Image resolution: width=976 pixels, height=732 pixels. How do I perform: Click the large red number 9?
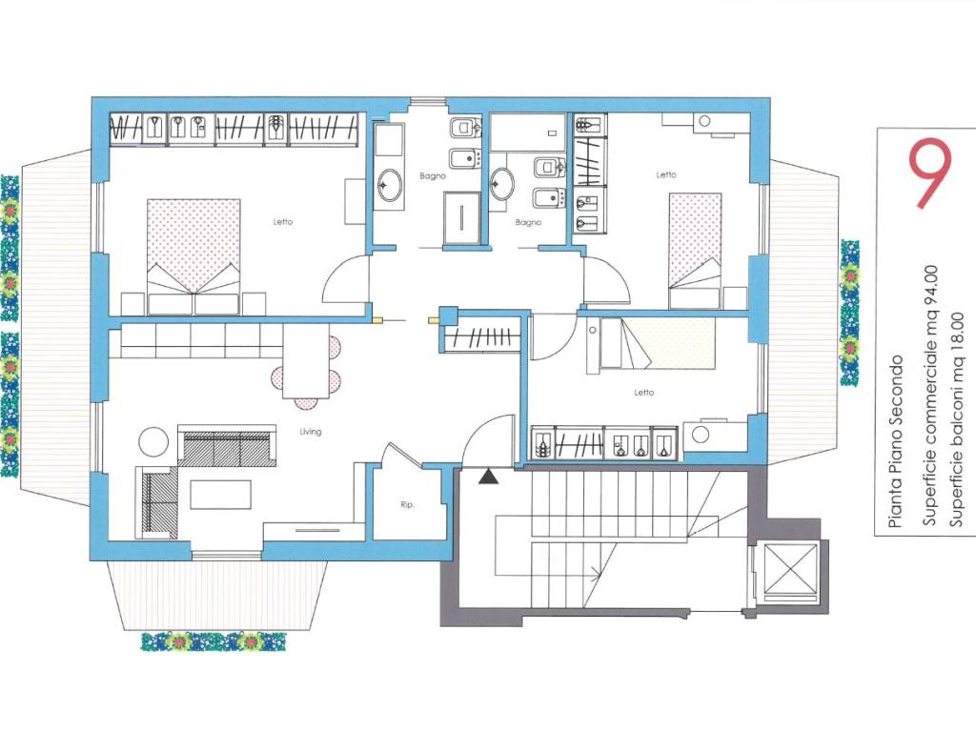tap(929, 173)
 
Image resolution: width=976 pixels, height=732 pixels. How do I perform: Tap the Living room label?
tap(310, 432)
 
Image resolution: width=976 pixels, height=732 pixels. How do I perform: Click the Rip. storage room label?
tap(407, 505)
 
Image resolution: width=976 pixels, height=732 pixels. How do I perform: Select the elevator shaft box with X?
tap(790, 570)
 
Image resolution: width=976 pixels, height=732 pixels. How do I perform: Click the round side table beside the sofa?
tap(153, 442)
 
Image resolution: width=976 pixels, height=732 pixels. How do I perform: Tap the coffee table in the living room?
tap(221, 495)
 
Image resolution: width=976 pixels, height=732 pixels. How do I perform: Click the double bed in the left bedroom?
tap(193, 256)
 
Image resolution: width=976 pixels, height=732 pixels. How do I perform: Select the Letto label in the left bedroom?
tap(282, 221)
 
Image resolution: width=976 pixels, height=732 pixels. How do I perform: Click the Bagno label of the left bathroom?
tap(433, 176)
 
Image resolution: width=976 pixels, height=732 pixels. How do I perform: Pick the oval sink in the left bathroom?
tap(390, 185)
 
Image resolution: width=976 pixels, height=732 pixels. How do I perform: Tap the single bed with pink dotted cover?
tap(695, 251)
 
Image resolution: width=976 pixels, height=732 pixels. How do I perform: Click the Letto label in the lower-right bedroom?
tap(643, 392)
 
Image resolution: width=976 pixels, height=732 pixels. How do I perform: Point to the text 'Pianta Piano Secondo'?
tap(896, 442)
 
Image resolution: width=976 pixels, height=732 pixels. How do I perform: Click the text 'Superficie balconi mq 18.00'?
tap(956, 420)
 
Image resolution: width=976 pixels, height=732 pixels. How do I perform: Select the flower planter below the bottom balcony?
tap(213, 641)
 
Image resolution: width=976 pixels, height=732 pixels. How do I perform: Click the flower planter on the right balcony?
tap(849, 313)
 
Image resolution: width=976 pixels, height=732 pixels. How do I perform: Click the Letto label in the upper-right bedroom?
tap(666, 174)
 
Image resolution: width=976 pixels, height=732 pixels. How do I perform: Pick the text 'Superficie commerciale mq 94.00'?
tap(929, 396)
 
